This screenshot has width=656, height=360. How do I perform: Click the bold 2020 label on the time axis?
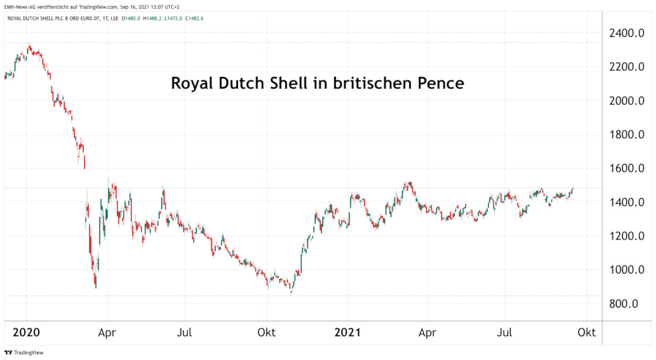[x=27, y=333]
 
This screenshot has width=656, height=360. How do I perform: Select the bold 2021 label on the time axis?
[x=348, y=333]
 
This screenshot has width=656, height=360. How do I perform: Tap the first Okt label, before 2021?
[x=267, y=333]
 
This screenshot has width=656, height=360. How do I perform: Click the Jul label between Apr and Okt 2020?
[x=185, y=333]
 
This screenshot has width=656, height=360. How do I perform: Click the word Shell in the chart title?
[x=287, y=83]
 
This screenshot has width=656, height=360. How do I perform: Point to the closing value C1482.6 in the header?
[x=194, y=18]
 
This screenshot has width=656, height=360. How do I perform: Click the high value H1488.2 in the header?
[x=152, y=18]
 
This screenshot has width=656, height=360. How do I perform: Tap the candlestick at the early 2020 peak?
[x=29, y=46]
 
